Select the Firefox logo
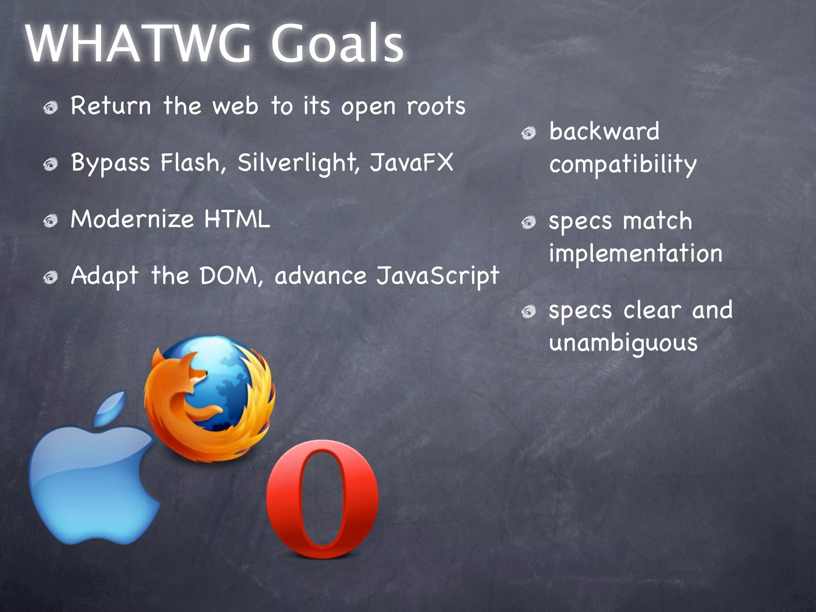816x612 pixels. coord(209,398)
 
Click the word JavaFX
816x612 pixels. coord(411,163)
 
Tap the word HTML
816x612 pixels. coord(237,219)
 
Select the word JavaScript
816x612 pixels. coord(437,276)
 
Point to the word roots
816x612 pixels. coord(436,107)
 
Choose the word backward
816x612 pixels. coord(604,131)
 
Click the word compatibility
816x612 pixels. coord(623,164)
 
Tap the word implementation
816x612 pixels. coord(636,253)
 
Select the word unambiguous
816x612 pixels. coord(623,343)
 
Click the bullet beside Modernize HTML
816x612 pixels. coord(51,220)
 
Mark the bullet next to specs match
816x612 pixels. coord(529,222)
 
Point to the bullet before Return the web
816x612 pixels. coord(51,108)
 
